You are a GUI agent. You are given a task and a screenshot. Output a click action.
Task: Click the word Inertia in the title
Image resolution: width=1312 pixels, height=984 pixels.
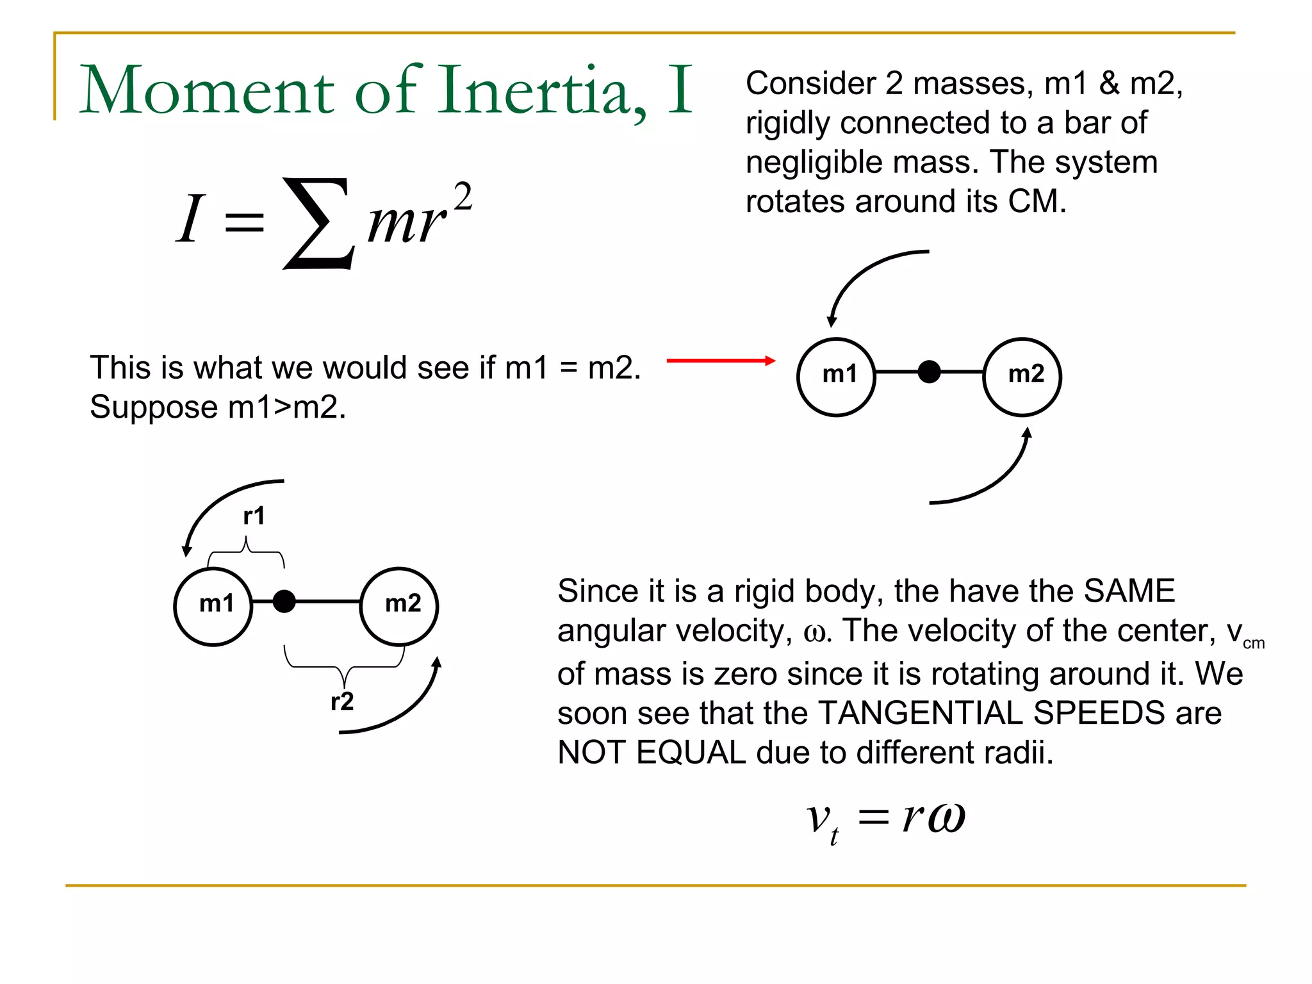tap(542, 91)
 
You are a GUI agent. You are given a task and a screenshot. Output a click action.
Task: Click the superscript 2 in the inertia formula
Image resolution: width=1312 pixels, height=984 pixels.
tap(463, 197)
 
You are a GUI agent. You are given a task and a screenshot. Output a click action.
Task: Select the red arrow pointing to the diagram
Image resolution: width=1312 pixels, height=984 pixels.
tap(721, 361)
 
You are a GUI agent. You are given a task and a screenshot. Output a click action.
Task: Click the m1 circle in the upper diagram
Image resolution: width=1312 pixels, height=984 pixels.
tap(836, 377)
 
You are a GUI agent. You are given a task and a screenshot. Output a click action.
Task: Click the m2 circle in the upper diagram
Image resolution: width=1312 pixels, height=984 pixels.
tap(1022, 377)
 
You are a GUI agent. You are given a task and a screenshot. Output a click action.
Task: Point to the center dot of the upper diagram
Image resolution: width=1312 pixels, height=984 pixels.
tap(929, 372)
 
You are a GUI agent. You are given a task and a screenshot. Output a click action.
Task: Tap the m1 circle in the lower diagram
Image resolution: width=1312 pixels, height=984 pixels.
tap(213, 606)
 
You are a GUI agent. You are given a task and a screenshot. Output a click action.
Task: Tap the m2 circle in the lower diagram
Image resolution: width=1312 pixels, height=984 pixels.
tap(400, 606)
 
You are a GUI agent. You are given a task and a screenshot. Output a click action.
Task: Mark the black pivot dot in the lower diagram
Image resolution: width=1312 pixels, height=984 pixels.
tap(284, 602)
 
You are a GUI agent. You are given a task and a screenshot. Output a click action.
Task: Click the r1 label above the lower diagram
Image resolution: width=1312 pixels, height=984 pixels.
tap(254, 516)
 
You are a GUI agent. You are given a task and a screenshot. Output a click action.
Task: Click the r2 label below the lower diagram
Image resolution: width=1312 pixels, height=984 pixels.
tap(342, 701)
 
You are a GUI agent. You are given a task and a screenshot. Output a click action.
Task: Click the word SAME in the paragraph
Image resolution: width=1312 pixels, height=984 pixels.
tap(1129, 591)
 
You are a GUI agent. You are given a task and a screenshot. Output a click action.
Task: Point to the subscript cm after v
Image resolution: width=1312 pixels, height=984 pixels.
tap(1254, 644)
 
